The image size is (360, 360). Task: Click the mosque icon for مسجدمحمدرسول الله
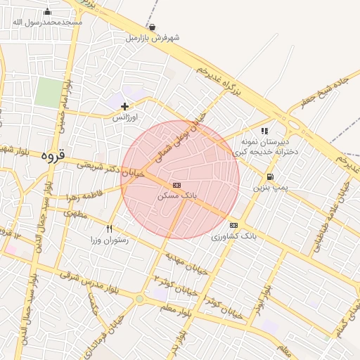[47, 12]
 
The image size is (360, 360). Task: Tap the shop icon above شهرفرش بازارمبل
[153, 27]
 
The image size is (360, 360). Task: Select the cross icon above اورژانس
[125, 107]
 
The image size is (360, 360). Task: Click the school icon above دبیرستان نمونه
[264, 131]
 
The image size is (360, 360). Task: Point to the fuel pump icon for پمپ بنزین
[270, 176]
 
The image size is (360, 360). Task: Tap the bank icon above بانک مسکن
[176, 185]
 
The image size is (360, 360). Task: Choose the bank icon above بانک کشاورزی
[233, 225]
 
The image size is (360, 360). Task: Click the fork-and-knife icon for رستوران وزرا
[109, 229]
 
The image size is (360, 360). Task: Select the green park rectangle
[49, 93]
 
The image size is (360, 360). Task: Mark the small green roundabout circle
[139, 299]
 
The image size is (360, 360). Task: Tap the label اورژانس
[125, 119]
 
